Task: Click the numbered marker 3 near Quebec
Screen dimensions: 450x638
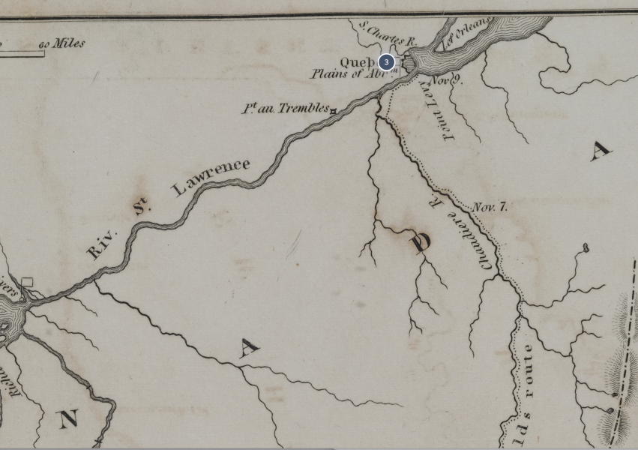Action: click(x=386, y=62)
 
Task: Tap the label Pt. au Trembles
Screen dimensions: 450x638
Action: click(x=284, y=109)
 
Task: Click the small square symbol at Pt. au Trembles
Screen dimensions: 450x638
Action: click(x=333, y=111)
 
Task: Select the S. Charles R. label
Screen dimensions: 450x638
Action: click(x=388, y=34)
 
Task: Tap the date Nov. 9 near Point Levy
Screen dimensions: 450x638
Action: click(x=445, y=78)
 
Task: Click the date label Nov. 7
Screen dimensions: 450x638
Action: click(x=490, y=207)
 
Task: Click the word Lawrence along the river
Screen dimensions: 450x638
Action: click(x=211, y=177)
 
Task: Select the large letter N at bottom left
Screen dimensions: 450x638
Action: click(x=68, y=418)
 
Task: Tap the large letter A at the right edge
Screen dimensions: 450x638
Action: click(x=600, y=151)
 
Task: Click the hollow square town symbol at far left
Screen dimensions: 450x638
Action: click(x=27, y=282)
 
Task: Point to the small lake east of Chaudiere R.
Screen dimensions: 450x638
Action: click(x=586, y=247)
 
